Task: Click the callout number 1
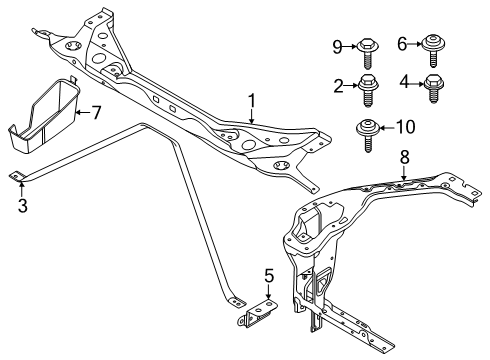click(253, 100)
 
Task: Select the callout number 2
click(338, 85)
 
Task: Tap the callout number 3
click(22, 206)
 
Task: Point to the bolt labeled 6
click(435, 45)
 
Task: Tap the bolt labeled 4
click(434, 87)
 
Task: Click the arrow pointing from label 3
click(22, 187)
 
